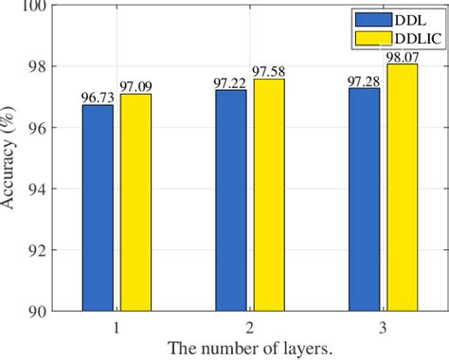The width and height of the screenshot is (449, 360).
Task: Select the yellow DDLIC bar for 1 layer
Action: (x=135, y=202)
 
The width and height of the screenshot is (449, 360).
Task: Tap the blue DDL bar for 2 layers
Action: (x=230, y=200)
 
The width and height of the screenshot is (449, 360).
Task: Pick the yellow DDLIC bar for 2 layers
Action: (x=267, y=194)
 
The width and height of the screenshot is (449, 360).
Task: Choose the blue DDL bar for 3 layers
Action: (x=364, y=199)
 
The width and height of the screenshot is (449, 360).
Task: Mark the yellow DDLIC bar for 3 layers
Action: (x=401, y=187)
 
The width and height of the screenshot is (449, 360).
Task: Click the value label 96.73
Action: (x=97, y=97)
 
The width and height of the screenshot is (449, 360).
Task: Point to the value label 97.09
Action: (x=136, y=86)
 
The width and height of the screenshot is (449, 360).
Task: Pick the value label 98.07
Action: (x=403, y=57)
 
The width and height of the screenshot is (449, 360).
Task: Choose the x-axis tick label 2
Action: (x=249, y=325)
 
